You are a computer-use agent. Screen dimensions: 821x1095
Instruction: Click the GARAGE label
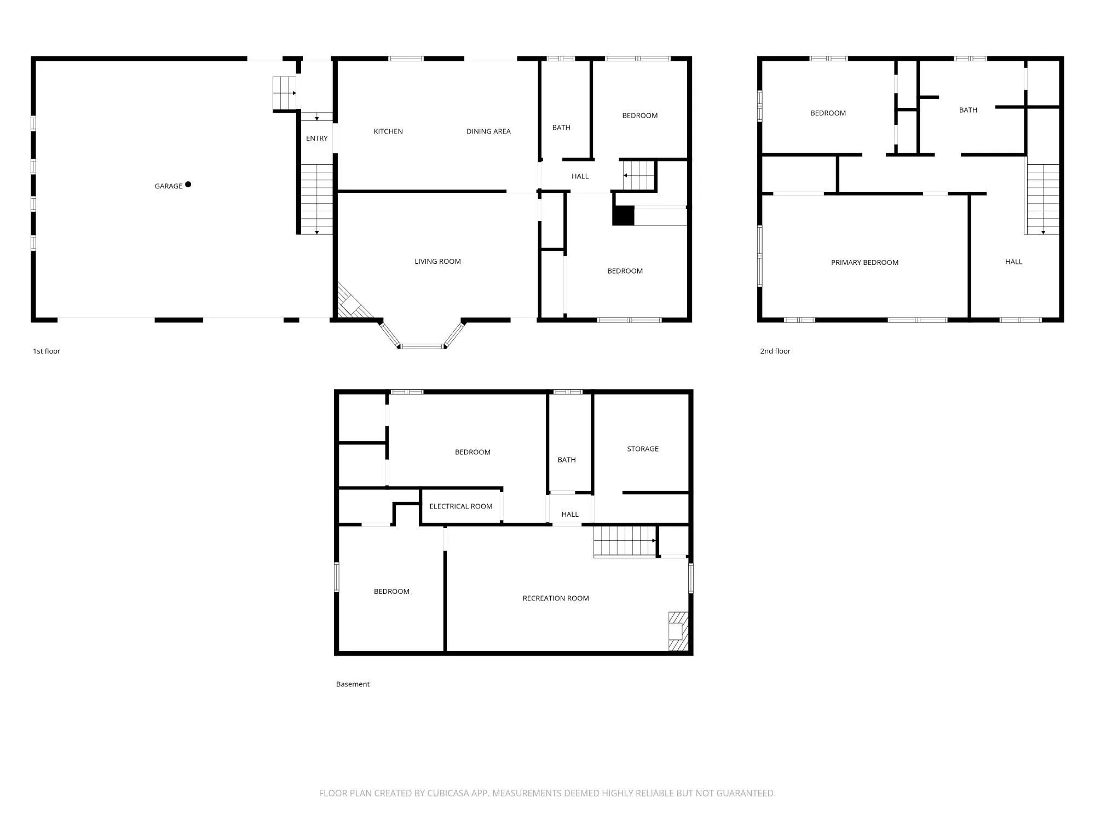(x=168, y=186)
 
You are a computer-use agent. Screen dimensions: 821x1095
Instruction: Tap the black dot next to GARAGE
(x=188, y=184)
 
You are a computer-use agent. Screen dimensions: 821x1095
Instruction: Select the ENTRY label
(x=316, y=138)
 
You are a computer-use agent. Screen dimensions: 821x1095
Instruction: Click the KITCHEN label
(x=388, y=131)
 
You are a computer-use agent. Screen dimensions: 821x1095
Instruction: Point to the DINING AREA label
(x=488, y=131)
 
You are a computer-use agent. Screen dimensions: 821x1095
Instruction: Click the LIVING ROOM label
(x=437, y=262)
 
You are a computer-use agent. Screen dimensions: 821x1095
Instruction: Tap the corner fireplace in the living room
(x=350, y=304)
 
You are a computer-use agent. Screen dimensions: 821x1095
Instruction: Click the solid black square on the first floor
(x=623, y=216)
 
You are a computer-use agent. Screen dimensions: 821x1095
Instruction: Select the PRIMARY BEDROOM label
(x=865, y=263)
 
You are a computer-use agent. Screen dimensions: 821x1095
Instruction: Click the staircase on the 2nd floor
(x=1042, y=199)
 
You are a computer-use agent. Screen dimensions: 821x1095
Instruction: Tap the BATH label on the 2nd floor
(x=968, y=110)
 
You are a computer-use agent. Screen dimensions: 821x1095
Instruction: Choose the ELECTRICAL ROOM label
(x=460, y=506)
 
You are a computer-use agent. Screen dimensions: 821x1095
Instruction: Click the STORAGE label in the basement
(x=642, y=449)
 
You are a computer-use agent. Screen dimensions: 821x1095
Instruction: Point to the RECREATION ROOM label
(x=556, y=598)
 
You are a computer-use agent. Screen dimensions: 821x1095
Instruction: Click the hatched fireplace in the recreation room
(x=678, y=631)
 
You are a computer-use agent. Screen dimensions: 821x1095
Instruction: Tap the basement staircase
(x=625, y=541)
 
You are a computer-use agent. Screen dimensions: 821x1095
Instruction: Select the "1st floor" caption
(x=47, y=351)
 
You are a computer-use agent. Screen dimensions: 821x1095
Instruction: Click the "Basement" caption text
(x=353, y=684)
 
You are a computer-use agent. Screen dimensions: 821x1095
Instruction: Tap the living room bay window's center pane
(x=422, y=346)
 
